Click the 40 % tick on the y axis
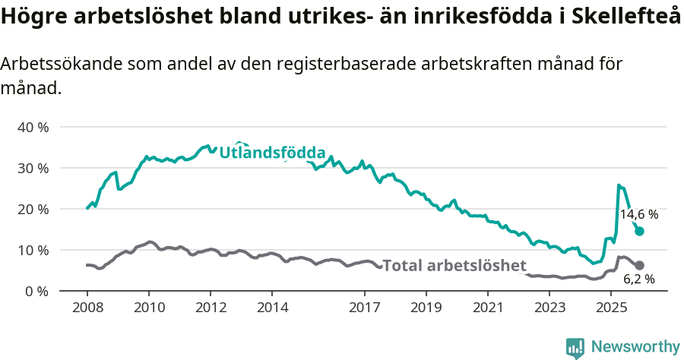click(33, 127)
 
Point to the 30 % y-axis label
click(33, 168)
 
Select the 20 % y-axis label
click(33, 209)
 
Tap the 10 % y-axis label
click(33, 250)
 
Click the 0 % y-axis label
click(36, 291)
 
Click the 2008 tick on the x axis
click(87, 308)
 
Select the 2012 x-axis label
click(211, 308)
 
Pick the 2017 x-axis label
click(365, 308)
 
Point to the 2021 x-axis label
click(488, 308)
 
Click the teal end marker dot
click(639, 231)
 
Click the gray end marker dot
click(639, 265)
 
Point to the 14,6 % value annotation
click(638, 215)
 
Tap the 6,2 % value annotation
click(639, 279)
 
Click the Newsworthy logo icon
click(575, 347)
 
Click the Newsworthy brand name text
click(635, 347)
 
